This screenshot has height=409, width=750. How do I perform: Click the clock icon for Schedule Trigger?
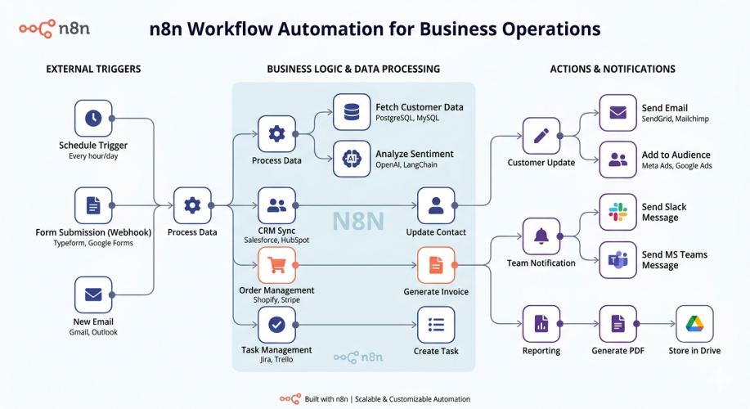93,119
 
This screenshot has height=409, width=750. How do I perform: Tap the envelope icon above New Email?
93,294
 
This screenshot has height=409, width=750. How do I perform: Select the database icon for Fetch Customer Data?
352,112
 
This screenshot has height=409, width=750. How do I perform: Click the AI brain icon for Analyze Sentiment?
352,159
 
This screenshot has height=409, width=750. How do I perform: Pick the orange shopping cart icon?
276,265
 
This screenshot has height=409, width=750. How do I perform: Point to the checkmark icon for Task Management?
276,325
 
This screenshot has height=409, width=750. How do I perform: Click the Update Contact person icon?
436,205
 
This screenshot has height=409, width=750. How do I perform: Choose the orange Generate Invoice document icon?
436,265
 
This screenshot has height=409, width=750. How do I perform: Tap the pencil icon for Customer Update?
541,136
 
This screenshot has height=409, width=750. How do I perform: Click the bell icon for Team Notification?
541,236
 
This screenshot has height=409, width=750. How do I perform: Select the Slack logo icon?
618,213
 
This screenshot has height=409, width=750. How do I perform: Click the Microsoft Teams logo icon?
618,260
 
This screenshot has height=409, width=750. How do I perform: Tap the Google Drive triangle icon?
694,324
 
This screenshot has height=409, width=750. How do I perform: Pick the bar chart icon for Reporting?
541,324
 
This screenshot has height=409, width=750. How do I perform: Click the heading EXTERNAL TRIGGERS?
93,69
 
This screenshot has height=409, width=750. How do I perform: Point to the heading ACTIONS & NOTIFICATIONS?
612,69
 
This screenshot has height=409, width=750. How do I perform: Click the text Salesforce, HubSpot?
276,240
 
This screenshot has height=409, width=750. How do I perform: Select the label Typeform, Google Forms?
93,243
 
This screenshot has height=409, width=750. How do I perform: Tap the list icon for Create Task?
436,325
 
